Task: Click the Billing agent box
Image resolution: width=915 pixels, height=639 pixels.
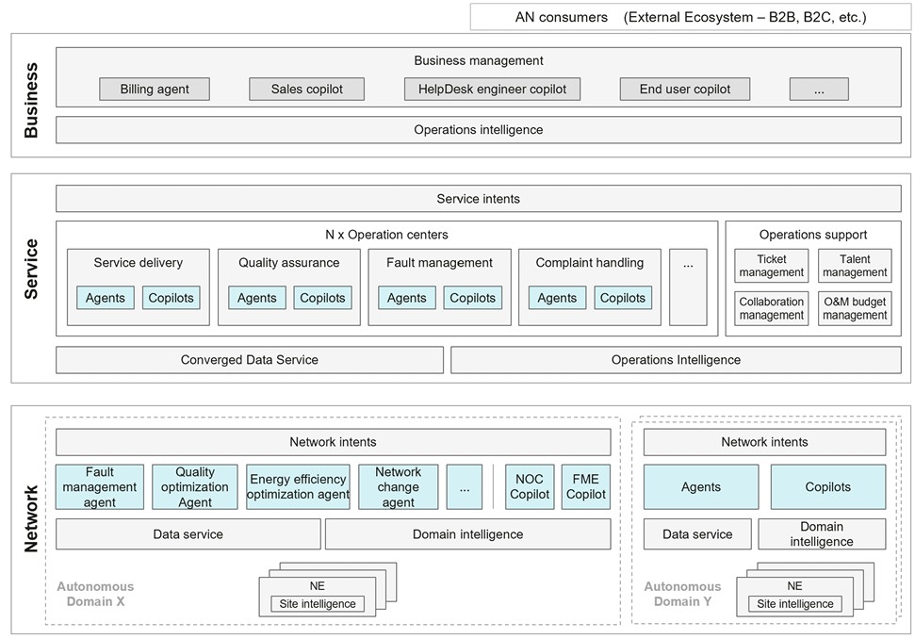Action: click(155, 90)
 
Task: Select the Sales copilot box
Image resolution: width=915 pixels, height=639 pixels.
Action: click(307, 90)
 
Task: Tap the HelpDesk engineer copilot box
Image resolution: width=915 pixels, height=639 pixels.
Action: click(492, 90)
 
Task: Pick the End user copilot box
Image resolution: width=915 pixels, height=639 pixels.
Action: click(684, 90)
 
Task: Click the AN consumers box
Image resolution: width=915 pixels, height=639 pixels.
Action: click(691, 17)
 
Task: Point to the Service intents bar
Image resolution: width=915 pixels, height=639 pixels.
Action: click(479, 199)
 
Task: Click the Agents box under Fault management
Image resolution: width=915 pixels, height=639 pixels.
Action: click(407, 298)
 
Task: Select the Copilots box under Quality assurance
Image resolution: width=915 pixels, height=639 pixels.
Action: click(322, 298)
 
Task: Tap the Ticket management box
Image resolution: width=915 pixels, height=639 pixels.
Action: click(772, 266)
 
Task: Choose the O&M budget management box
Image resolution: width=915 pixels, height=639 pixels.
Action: click(855, 309)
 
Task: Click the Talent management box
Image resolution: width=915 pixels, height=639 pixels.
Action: click(855, 266)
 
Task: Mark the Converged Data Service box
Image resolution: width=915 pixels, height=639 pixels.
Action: click(250, 360)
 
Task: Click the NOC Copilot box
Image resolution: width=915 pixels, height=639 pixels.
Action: click(530, 486)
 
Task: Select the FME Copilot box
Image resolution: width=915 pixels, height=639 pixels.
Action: click(586, 486)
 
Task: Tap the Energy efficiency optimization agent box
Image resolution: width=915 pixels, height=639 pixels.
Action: click(298, 486)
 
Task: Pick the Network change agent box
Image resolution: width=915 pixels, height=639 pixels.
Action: click(398, 486)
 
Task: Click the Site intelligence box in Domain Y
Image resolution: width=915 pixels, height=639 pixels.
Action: click(795, 604)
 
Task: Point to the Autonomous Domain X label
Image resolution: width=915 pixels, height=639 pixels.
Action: click(95, 594)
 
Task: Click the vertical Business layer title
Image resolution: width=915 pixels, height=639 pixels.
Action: click(30, 100)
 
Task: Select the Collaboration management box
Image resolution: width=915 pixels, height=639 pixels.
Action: click(772, 309)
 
